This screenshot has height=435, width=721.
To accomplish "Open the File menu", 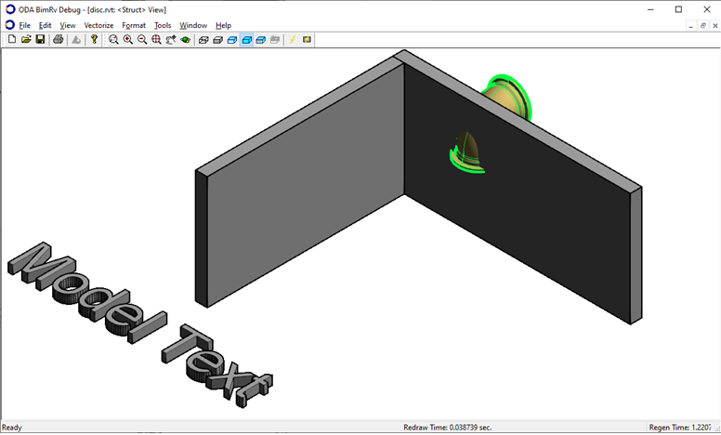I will pyautogui.click(x=25, y=25).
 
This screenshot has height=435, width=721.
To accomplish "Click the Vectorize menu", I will pyautogui.click(x=98, y=25).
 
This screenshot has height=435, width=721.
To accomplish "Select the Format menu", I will pyautogui.click(x=134, y=25).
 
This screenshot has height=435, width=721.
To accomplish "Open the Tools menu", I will pyautogui.click(x=163, y=25).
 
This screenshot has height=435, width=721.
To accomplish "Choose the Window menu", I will pyautogui.click(x=193, y=25).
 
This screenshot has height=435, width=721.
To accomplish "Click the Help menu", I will pyautogui.click(x=224, y=25).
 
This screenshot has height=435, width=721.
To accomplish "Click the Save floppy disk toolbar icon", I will pyautogui.click(x=41, y=40).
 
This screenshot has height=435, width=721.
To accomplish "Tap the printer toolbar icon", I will pyautogui.click(x=59, y=40).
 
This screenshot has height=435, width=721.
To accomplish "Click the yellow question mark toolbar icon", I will pyautogui.click(x=94, y=40).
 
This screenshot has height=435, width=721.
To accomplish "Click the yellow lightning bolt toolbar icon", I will pyautogui.click(x=293, y=40).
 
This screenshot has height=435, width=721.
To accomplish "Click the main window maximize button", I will pyautogui.click(x=678, y=9).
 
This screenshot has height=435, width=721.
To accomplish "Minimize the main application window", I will pyautogui.click(x=652, y=9).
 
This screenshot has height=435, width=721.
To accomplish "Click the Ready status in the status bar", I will pyautogui.click(x=12, y=428).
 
